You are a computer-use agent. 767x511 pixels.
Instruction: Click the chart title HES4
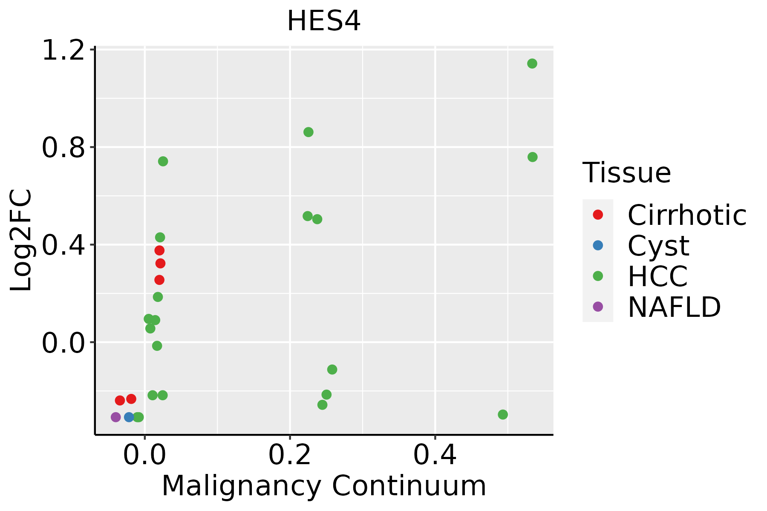pos(324,21)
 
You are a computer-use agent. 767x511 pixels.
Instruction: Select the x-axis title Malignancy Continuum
pos(324,485)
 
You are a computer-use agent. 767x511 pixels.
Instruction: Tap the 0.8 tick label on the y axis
pos(62,147)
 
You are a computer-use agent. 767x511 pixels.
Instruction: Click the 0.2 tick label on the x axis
pos(290,455)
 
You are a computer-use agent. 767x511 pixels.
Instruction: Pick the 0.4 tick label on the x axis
pos(435,455)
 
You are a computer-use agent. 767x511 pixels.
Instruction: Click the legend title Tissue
pos(626,172)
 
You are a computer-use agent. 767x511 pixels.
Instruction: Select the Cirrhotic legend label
pos(687,215)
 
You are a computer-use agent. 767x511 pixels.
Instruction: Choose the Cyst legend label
pos(658,246)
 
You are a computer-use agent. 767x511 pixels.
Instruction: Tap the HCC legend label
pos(657,276)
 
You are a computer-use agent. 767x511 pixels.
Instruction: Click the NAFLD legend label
pos(674,307)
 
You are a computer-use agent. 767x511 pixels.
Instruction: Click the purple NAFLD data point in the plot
pos(115,417)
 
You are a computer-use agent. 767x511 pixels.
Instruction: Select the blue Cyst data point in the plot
pos(129,417)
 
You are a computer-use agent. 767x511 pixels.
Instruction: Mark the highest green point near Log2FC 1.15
pos(532,63)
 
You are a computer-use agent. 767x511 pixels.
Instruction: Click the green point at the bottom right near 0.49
pos(503,414)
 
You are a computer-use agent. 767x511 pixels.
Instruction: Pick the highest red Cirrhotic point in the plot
pos(159,250)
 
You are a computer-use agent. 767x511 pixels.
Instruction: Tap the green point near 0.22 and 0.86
pos(308,132)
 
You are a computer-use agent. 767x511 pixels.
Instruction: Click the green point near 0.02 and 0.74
pos(163,161)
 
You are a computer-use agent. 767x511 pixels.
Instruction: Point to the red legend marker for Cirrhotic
pos(598,215)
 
